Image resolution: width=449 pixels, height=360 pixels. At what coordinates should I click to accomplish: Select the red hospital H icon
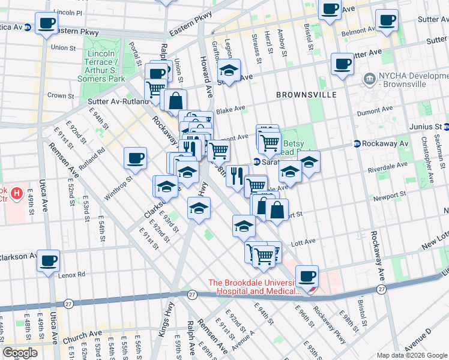click(17, 194)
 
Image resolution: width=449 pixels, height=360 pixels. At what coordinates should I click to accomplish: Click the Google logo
click(20, 353)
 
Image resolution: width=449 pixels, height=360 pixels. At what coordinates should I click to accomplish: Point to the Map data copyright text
click(411, 355)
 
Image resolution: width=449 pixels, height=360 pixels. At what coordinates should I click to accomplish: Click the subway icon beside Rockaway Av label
click(356, 144)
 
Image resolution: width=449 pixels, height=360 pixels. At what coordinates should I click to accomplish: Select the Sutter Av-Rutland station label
click(118, 101)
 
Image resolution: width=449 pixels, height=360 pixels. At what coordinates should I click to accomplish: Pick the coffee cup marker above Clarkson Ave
click(47, 261)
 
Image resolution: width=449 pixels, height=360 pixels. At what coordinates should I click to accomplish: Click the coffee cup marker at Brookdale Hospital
click(308, 277)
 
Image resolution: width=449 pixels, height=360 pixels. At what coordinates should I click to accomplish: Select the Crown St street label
click(61, 95)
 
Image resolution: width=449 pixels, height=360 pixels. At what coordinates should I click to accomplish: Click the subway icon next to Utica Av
click(27, 30)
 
